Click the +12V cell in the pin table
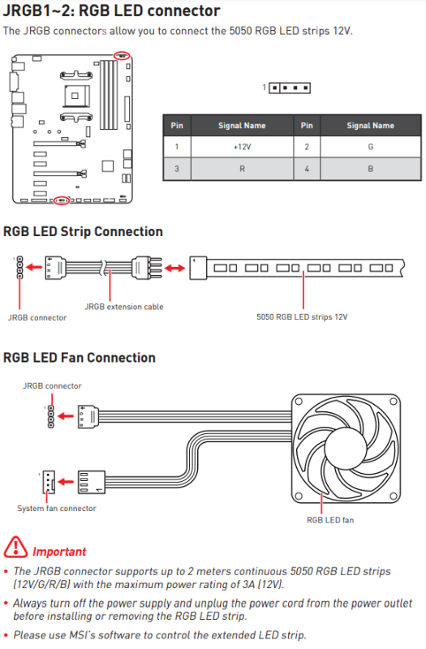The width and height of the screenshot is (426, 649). pos(242,147)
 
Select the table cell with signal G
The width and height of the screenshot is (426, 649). pos(371,147)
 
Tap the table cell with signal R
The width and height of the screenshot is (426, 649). pos(242,169)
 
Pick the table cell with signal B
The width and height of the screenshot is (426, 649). pos(371,169)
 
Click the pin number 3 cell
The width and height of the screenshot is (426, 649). pos(177,169)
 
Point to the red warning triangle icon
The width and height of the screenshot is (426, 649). pos(15,547)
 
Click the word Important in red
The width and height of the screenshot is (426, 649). pos(59,552)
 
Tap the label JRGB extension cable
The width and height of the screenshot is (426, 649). pos(124,307)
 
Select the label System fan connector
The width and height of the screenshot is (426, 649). pos(57,509)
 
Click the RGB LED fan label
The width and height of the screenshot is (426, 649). pos(330,520)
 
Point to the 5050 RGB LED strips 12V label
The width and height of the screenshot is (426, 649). pos(302,317)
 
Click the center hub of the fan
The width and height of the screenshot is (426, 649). pos(346,449)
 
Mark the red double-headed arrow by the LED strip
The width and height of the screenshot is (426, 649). pos(174,269)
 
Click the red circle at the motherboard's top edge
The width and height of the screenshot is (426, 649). pos(122,55)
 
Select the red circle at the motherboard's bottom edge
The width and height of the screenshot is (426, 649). pos(62,200)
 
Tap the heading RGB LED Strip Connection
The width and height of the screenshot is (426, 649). pos(83,232)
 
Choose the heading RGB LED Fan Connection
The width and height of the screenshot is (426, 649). pos(79,358)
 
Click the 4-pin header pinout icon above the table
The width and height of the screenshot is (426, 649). pos(290,88)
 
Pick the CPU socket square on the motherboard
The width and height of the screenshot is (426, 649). pos(75,96)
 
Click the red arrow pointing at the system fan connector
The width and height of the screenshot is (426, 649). pos(66,482)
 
